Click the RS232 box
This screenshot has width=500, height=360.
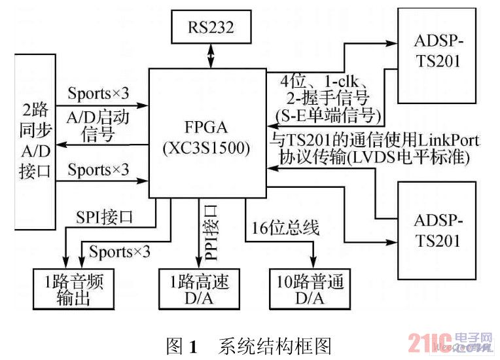211,27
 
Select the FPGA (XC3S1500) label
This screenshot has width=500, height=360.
206,137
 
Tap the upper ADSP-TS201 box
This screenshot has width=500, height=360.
437,56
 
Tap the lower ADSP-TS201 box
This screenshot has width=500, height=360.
437,230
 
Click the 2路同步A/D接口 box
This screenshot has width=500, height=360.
35,141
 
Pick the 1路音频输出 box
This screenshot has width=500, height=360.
74,289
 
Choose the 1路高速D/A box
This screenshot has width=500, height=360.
200,289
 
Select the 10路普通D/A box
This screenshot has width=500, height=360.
310,289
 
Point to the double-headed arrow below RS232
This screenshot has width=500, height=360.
211,56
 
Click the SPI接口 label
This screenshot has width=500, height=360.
104,217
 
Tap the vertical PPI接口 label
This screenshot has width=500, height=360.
211,232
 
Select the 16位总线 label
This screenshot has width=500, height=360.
285,228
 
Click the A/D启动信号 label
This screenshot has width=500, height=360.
98,126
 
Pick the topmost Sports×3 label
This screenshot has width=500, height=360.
98,93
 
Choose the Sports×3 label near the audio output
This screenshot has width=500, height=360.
120,251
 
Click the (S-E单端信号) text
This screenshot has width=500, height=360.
329,116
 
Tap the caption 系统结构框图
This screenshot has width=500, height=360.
275,346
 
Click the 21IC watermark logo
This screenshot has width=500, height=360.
450,342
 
